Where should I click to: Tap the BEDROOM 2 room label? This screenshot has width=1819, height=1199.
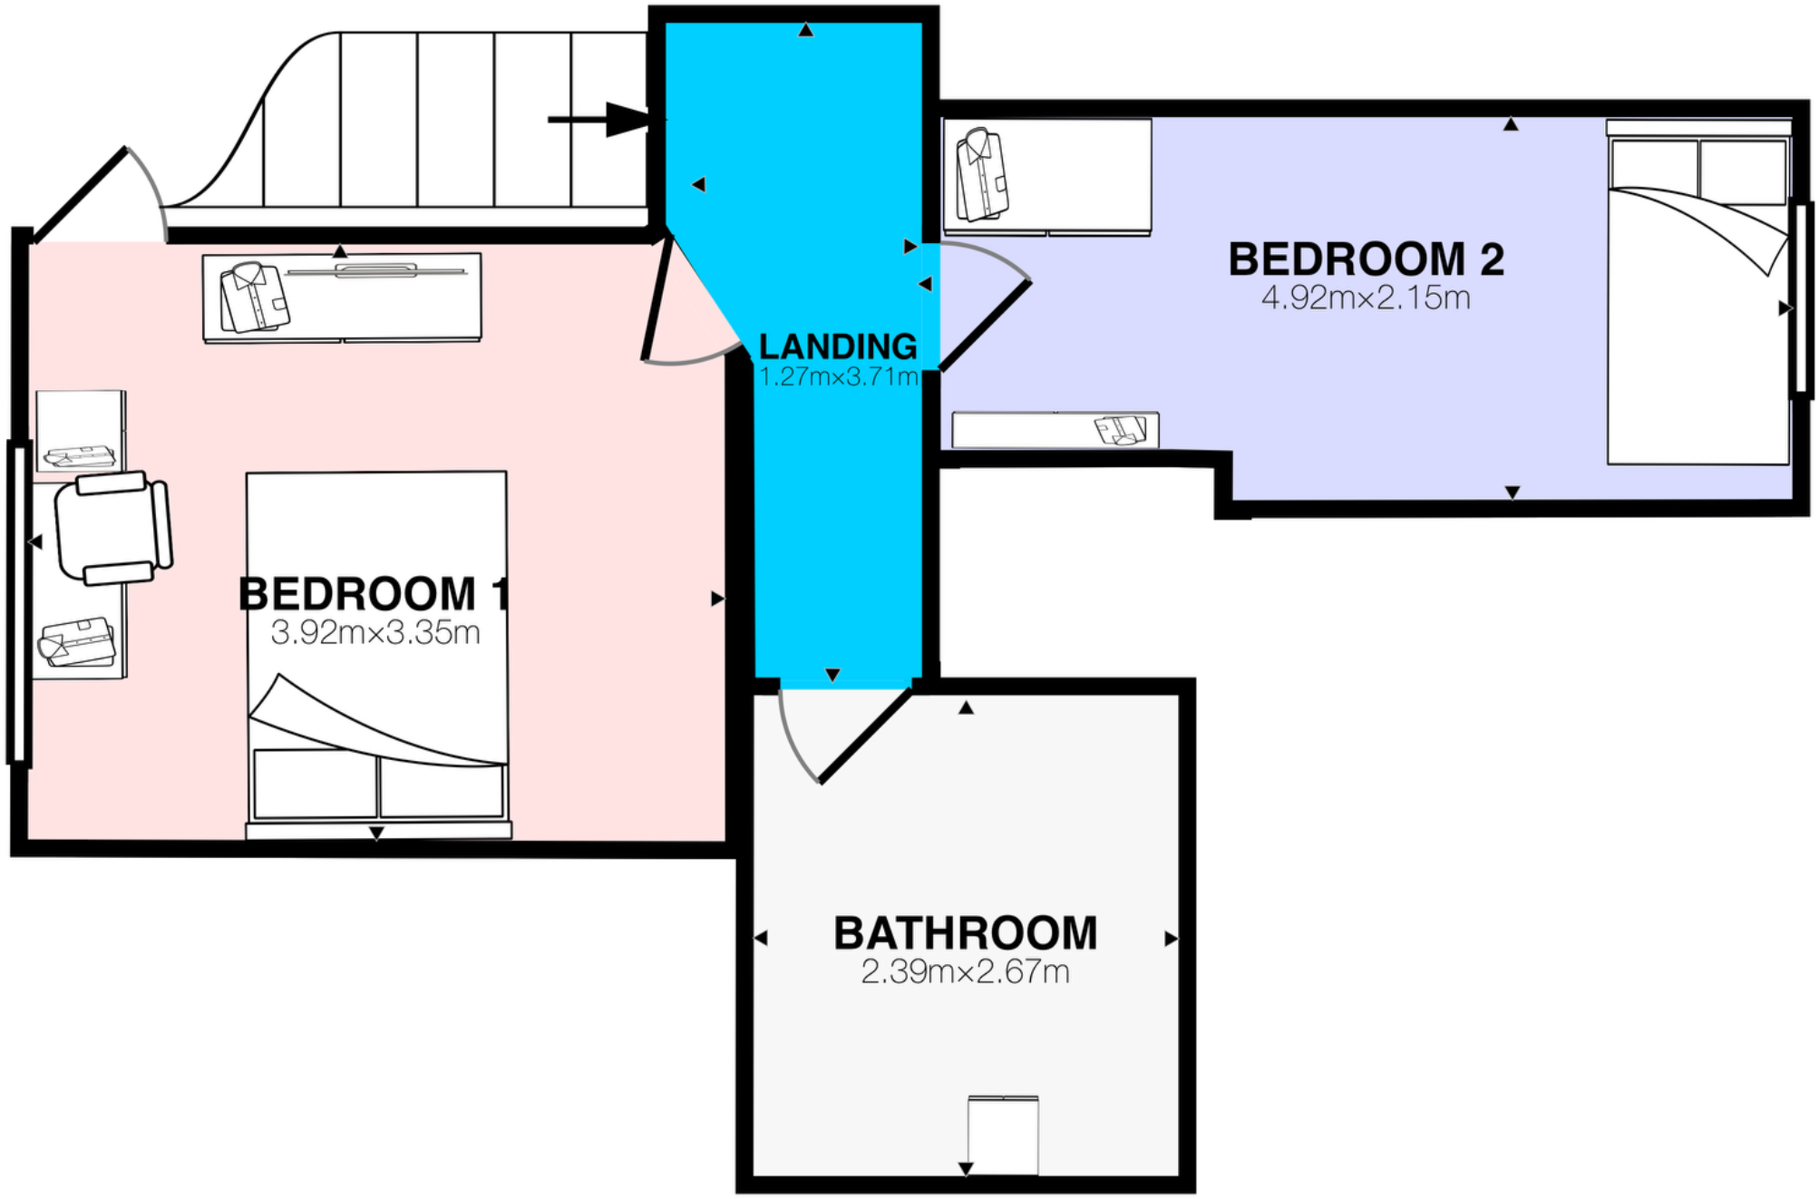click(1366, 259)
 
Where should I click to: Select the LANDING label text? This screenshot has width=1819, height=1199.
click(838, 346)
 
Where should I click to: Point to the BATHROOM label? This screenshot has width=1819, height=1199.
click(965, 933)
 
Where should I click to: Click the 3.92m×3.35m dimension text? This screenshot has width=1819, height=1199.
click(375, 632)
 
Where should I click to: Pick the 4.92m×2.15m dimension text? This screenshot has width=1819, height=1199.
click(1366, 297)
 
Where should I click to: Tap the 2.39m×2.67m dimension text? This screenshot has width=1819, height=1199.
click(965, 972)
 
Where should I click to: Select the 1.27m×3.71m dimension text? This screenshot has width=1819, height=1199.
click(838, 376)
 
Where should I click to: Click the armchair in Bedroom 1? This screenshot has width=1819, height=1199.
click(113, 528)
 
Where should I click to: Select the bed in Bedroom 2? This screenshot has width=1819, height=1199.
click(1698, 299)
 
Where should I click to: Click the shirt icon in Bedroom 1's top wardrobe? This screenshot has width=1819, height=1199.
click(254, 297)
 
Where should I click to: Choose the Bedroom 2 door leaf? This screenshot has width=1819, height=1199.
click(985, 327)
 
